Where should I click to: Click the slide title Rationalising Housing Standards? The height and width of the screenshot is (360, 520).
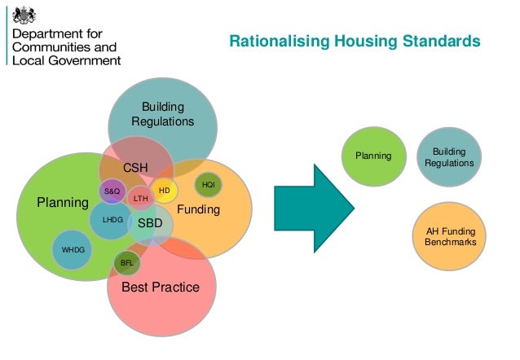pyautogui.click(x=353, y=41)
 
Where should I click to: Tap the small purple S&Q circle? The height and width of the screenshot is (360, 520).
pyautogui.click(x=112, y=191)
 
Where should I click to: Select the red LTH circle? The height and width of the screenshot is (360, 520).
pyautogui.click(x=140, y=198)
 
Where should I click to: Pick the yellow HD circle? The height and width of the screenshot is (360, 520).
pyautogui.click(x=164, y=191)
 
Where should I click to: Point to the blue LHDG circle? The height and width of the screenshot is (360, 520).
pyautogui.click(x=112, y=220)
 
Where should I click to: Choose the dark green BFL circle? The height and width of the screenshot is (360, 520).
pyautogui.click(x=126, y=262)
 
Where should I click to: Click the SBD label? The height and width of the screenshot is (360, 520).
pyautogui.click(x=150, y=222)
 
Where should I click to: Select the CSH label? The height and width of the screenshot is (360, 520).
pyautogui.click(x=135, y=168)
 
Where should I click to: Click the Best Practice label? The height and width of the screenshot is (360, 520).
pyautogui.click(x=160, y=288)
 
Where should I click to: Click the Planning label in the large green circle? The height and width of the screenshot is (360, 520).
pyautogui.click(x=63, y=203)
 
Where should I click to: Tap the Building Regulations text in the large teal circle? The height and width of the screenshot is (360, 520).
pyautogui.click(x=163, y=115)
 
